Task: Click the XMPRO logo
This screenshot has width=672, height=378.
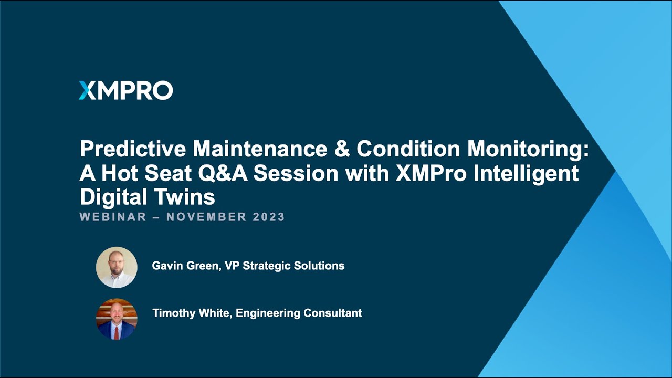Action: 125,91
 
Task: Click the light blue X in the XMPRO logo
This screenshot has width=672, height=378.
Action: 86,91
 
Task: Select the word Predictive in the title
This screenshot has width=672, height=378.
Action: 133,150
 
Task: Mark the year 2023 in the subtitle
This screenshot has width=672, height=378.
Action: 269,217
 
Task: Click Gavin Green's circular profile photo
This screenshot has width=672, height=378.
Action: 117,267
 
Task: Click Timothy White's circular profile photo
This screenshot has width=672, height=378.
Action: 117,318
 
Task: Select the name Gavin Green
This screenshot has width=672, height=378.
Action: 185,266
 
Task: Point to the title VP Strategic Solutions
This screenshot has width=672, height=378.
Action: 285,266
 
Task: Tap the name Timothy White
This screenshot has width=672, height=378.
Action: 192,313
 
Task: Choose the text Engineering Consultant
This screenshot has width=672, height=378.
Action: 299,313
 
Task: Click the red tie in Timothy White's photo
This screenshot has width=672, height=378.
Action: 117,332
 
